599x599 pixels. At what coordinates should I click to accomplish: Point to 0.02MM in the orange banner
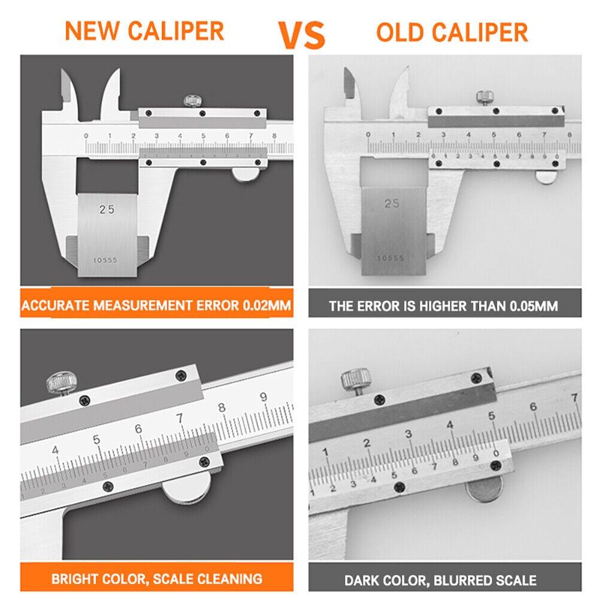click(267, 306)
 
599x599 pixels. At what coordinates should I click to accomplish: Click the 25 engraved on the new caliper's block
click(107, 210)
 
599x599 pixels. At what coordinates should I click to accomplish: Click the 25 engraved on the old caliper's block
click(392, 204)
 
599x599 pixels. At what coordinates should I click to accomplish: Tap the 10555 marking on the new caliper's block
click(105, 261)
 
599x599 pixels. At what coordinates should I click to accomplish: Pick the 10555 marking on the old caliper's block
click(391, 258)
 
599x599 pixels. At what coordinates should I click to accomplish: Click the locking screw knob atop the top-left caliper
click(192, 99)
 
